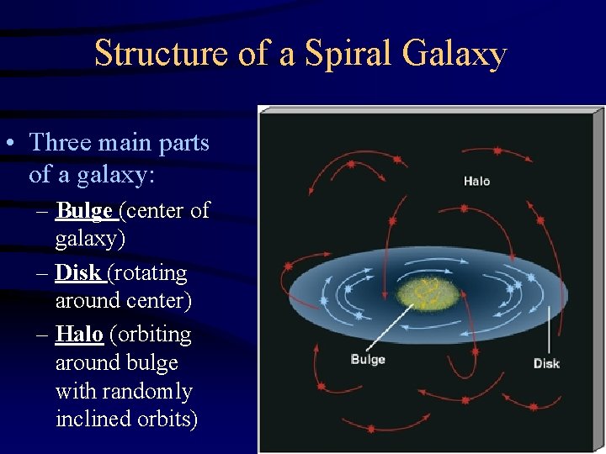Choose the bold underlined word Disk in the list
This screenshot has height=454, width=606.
[x=79, y=272]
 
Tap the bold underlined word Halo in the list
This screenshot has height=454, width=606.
[x=79, y=335]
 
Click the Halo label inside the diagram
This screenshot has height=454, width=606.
[x=476, y=181]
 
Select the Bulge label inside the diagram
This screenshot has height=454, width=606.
[x=367, y=359]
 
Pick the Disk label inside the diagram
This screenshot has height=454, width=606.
[x=546, y=363]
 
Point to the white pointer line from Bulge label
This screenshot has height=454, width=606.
[x=391, y=327]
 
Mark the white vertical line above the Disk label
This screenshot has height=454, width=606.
[x=550, y=330]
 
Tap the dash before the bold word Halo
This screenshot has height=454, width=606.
[x=42, y=335]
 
